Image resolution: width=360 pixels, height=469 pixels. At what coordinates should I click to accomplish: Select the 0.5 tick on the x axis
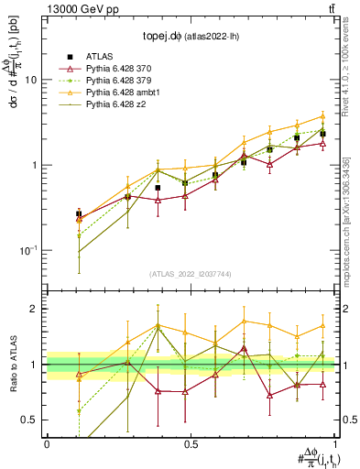pyautogui.click(x=191, y=443)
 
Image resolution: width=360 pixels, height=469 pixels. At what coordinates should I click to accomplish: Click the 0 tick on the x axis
pyautogui.click(x=47, y=443)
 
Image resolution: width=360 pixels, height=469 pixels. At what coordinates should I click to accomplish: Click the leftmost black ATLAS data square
pyautogui.click(x=79, y=214)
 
